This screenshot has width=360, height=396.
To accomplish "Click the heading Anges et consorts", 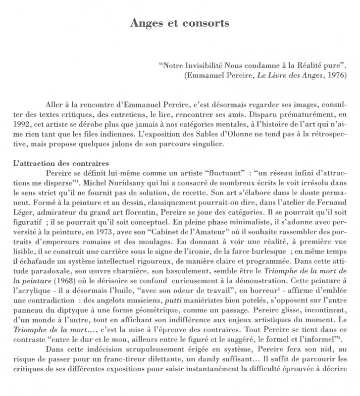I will pos(180,23).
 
